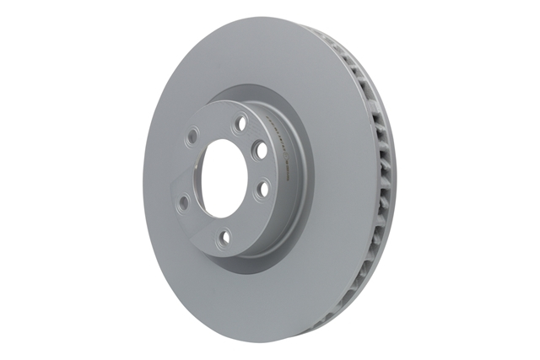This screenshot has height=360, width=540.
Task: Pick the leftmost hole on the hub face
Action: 183,201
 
